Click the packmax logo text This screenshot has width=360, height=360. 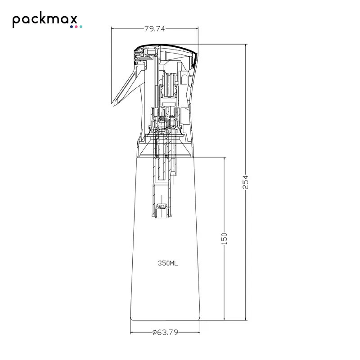[x=45, y=21]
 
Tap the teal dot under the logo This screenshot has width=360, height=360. [x=81, y=27]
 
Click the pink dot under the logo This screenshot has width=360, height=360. [x=76, y=27]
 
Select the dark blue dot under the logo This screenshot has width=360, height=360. [x=72, y=27]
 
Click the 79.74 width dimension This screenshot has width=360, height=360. [x=154, y=29]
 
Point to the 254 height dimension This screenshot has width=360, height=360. [x=245, y=182]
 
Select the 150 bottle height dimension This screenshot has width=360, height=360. [x=224, y=238]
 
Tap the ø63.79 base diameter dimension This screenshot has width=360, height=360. [x=165, y=332]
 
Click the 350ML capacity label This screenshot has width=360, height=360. [x=168, y=263]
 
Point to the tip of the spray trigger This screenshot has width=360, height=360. [x=112, y=104]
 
